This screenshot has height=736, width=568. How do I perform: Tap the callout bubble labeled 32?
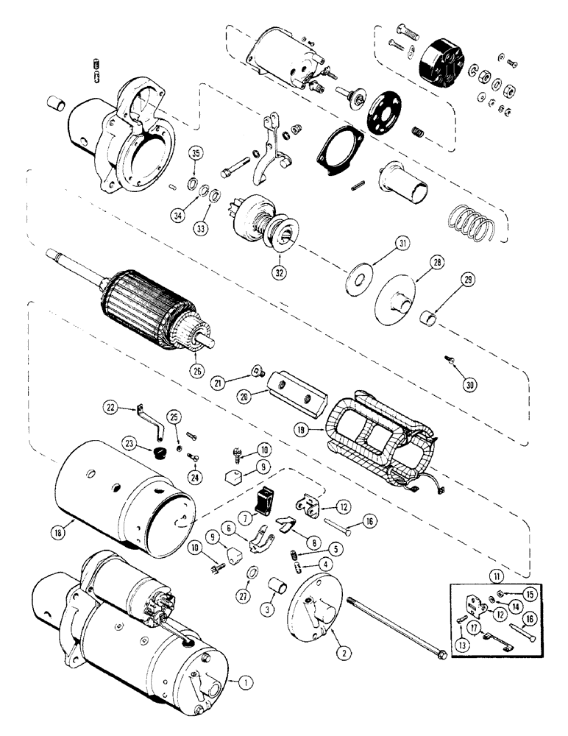(x=279, y=271)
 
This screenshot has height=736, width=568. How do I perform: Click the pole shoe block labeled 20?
(x=297, y=387)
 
